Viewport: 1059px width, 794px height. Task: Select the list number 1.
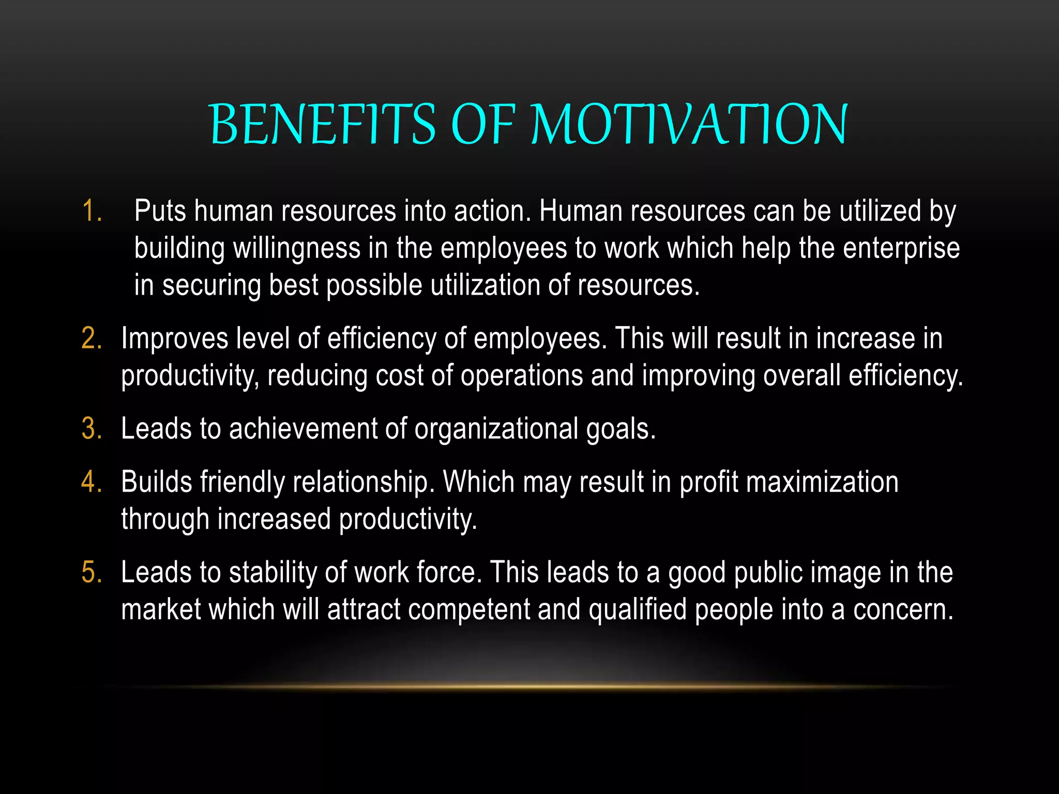(92, 211)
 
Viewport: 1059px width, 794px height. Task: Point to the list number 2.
(92, 339)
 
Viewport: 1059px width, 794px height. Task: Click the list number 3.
(92, 429)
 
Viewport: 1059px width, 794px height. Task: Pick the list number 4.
(92, 482)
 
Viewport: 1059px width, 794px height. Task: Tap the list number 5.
(92, 573)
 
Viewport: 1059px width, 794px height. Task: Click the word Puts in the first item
(160, 211)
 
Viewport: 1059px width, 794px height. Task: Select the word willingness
(296, 249)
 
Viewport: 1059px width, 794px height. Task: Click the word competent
(469, 610)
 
